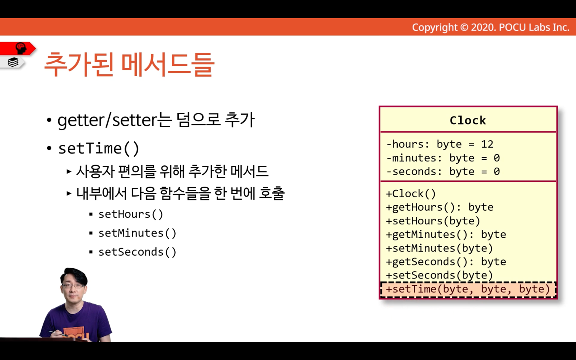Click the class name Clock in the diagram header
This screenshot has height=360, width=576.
(468, 120)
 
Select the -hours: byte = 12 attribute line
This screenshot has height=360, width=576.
(440, 144)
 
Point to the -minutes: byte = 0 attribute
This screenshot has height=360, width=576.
(443, 158)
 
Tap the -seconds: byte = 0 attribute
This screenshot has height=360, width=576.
(443, 171)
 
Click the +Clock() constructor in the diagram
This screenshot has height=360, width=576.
(411, 194)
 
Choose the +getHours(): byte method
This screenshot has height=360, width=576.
(440, 207)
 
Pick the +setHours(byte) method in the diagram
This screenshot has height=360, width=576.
(433, 221)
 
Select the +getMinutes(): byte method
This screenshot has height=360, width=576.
(446, 235)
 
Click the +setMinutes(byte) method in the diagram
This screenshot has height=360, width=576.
(440, 248)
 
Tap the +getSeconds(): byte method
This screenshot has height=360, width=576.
(446, 262)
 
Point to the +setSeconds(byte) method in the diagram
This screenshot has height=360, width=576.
(440, 275)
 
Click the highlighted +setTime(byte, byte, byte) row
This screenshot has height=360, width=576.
(468, 289)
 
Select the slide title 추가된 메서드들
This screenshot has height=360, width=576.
(129, 64)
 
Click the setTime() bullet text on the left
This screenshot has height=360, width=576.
(99, 149)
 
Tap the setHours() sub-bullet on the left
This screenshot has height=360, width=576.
(131, 214)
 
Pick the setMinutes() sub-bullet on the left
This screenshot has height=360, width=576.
(137, 233)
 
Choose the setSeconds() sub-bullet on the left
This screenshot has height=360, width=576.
(137, 252)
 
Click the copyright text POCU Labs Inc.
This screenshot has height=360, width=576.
(534, 27)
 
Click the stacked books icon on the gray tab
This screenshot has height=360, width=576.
(13, 62)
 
